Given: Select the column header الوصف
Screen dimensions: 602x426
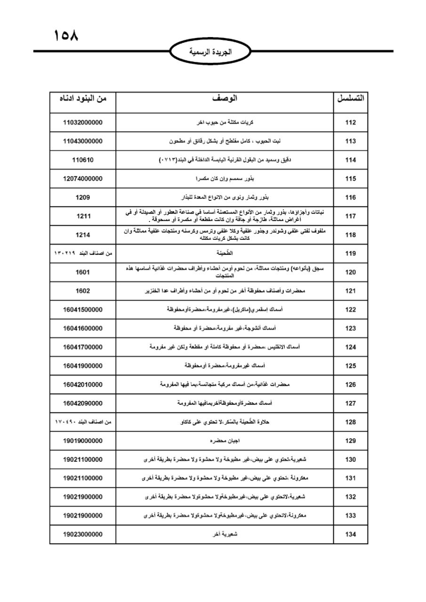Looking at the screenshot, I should pyautogui.click(x=225, y=98).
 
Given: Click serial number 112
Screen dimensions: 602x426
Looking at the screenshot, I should pyautogui.click(x=351, y=122).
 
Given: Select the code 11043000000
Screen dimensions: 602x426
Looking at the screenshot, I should pyautogui.click(x=83, y=141).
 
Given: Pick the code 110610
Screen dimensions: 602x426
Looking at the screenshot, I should pyautogui.click(x=83, y=160).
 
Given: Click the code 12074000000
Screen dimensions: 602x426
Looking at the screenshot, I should pyautogui.click(x=83, y=179).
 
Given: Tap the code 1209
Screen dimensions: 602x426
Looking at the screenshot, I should pyautogui.click(x=83, y=198).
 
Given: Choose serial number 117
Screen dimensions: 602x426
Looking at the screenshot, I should pyautogui.click(x=351, y=216).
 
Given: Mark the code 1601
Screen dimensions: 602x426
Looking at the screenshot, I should pyautogui.click(x=83, y=272).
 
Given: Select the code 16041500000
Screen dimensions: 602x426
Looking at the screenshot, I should pyautogui.click(x=83, y=309).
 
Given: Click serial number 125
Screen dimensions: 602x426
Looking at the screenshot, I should pyautogui.click(x=351, y=365).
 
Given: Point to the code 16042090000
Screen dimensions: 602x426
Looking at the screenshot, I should pyautogui.click(x=83, y=403).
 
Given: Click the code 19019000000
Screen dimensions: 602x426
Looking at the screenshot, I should pyautogui.click(x=83, y=441).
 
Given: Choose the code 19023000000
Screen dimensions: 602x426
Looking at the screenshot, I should pyautogui.click(x=83, y=534).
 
